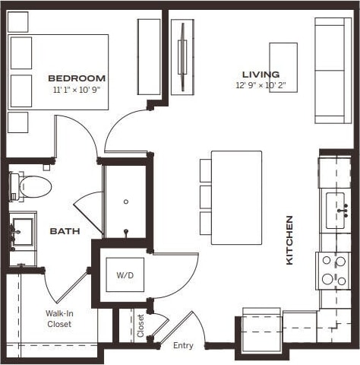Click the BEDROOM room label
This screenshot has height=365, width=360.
pyautogui.click(x=76, y=78)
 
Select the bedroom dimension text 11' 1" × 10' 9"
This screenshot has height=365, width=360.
pyautogui.click(x=76, y=89)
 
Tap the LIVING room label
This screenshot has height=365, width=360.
pyautogui.click(x=261, y=74)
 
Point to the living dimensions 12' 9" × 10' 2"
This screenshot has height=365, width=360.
pyautogui.click(x=261, y=85)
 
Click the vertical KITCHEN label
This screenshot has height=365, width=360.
pyautogui.click(x=289, y=240)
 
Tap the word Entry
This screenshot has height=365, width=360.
pyautogui.click(x=183, y=346)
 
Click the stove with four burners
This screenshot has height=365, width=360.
pyautogui.click(x=333, y=270)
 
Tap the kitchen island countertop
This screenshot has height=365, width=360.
pyautogui.click(x=236, y=197)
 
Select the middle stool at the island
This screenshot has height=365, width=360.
pyautogui.click(x=205, y=196)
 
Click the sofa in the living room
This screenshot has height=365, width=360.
pyautogui.click(x=333, y=70)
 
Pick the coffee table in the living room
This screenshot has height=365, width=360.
pyautogui.click(x=283, y=68)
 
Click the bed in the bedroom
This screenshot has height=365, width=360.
pyautogui.click(x=58, y=72)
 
